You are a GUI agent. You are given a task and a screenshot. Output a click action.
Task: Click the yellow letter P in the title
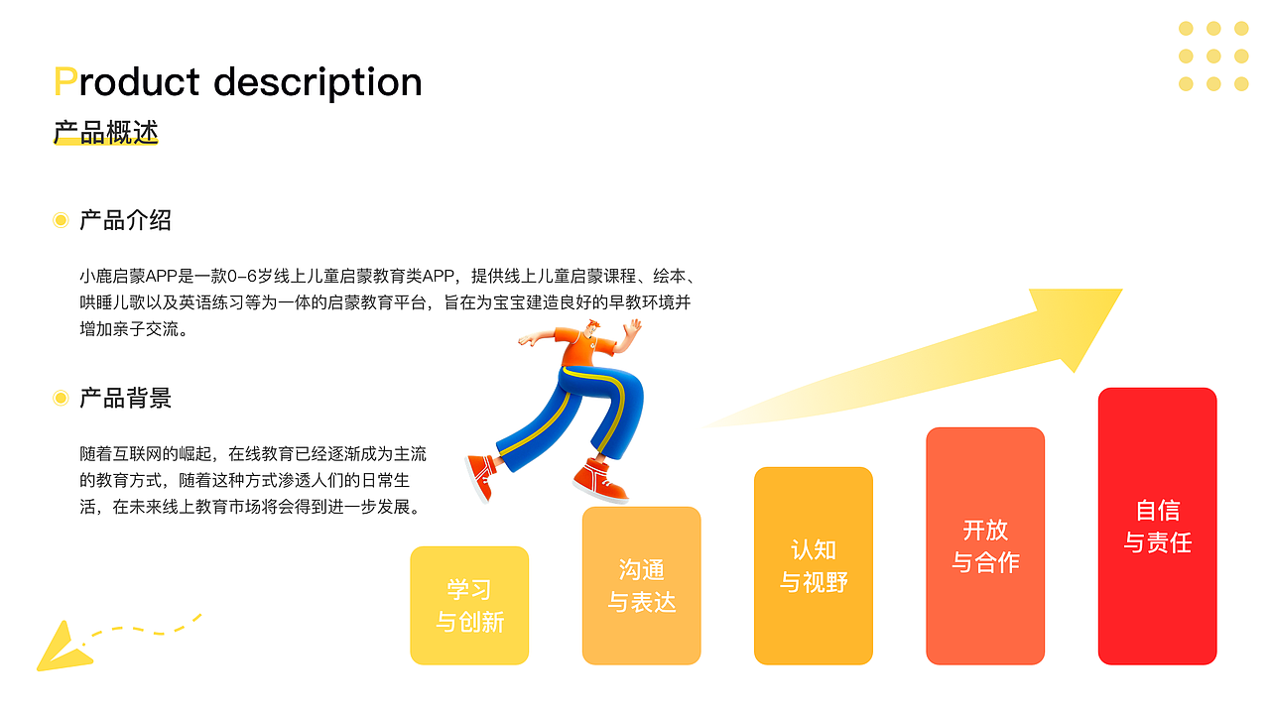(x=64, y=82)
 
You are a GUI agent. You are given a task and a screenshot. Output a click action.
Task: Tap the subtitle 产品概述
(x=105, y=133)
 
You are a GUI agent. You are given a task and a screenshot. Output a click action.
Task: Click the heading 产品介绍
(x=125, y=220)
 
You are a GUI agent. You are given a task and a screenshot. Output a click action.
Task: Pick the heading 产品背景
(x=125, y=399)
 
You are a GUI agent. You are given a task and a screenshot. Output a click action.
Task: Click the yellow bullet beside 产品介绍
(x=61, y=220)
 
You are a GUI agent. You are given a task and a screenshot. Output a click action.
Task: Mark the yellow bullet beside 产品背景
(x=61, y=399)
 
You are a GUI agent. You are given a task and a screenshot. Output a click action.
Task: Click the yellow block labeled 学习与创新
(x=469, y=605)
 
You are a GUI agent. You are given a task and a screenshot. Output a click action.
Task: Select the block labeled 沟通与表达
(x=641, y=585)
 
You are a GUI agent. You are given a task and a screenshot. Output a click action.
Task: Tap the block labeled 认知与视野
(x=814, y=565)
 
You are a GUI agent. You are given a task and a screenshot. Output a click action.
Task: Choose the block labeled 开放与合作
(x=985, y=545)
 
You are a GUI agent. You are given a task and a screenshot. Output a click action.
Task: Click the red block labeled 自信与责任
(x=1157, y=526)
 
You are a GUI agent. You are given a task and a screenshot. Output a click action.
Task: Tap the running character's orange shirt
(x=580, y=350)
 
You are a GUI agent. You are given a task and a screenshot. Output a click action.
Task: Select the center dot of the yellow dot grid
(x=1213, y=57)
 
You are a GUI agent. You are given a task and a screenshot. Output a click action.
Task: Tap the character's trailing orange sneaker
(x=481, y=474)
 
